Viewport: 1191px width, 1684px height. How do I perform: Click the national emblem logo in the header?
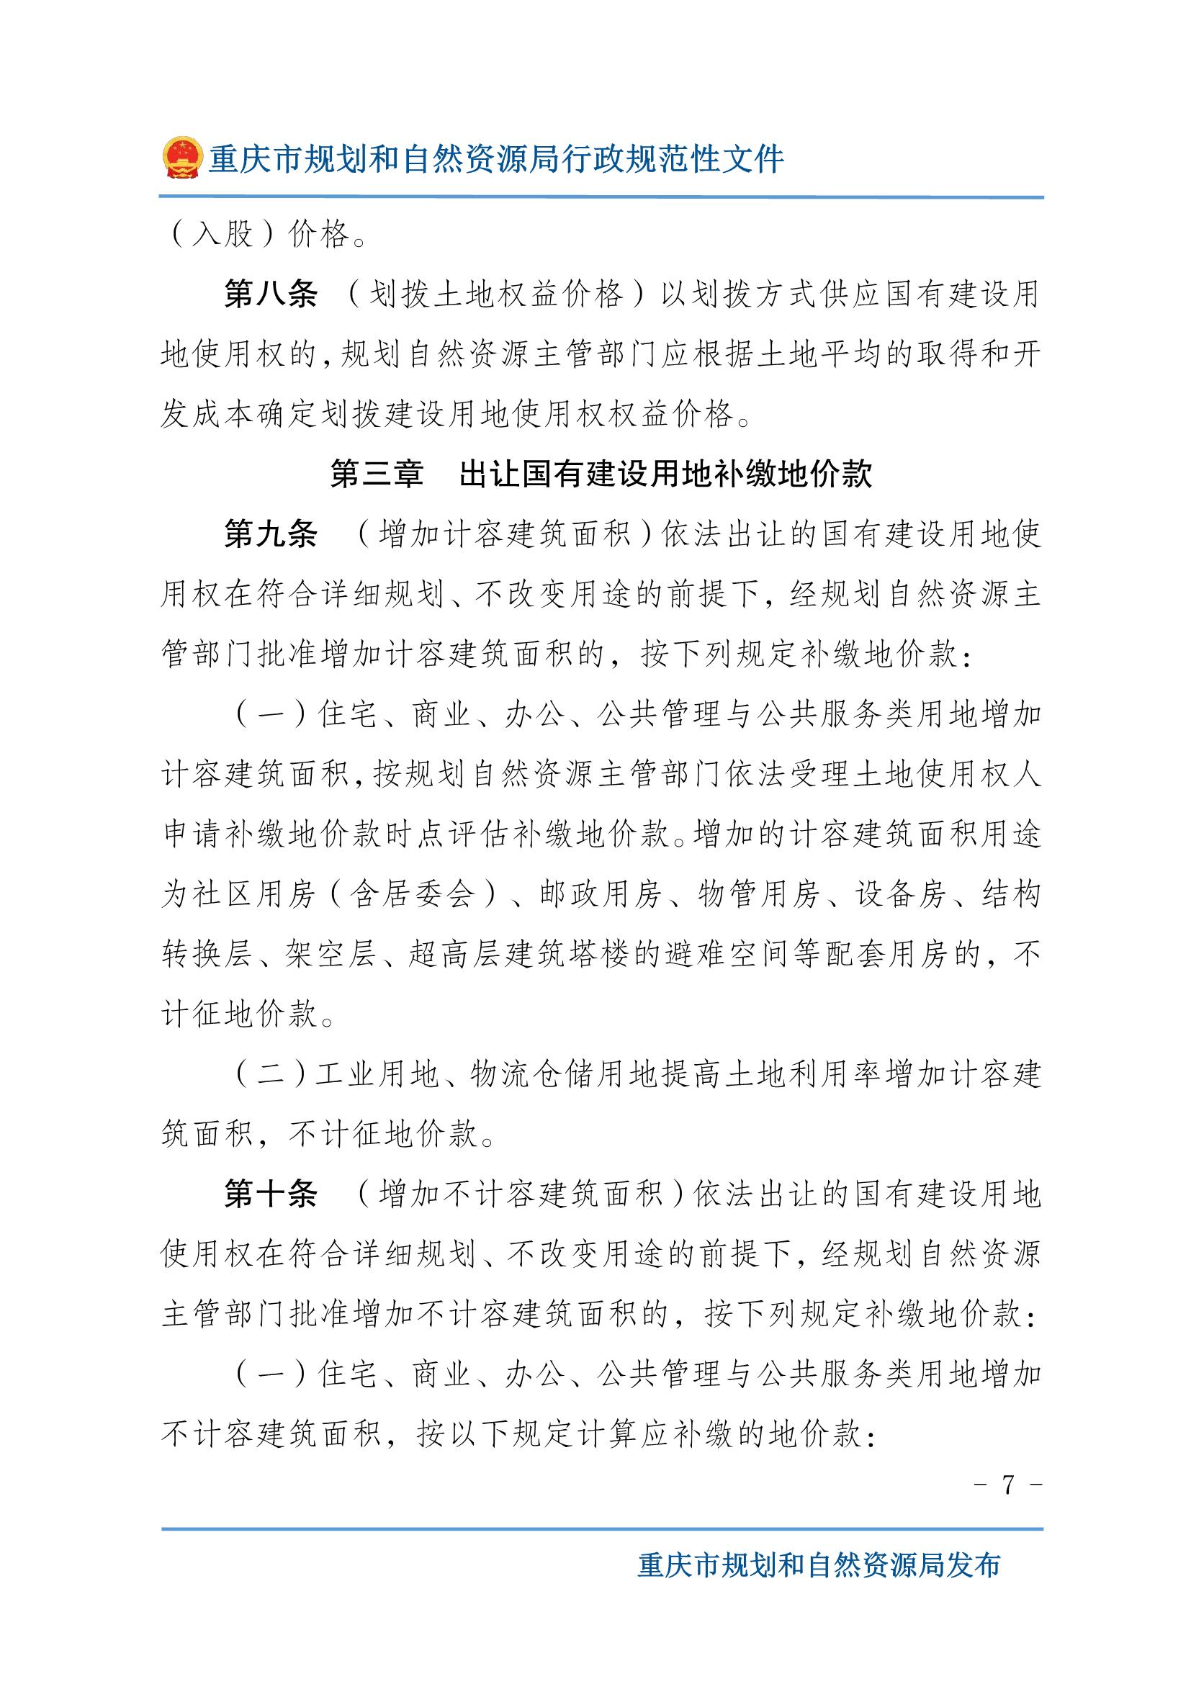click(x=181, y=158)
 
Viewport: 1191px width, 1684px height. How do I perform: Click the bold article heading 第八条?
click(x=271, y=295)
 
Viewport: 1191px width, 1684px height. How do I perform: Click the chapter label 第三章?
click(x=376, y=474)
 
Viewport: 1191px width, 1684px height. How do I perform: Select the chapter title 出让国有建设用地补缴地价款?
click(x=665, y=474)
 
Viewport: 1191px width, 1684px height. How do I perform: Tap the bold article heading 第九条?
click(x=271, y=535)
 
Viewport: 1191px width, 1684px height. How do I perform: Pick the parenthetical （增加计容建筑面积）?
click(x=505, y=535)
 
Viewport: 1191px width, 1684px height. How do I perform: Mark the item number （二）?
click(x=269, y=1074)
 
